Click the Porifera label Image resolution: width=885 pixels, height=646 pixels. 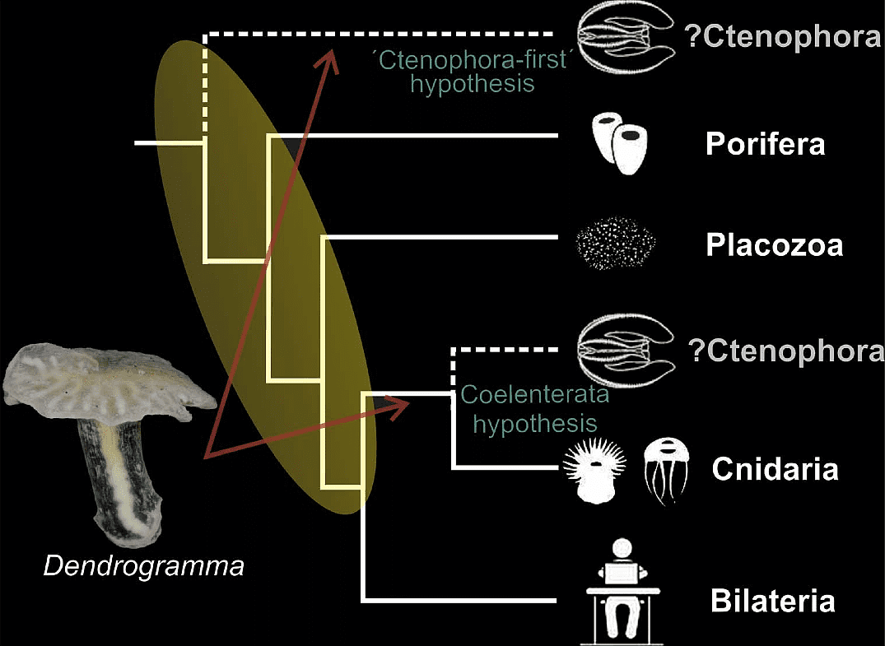coord(765,145)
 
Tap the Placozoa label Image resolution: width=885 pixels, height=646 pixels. coord(774,245)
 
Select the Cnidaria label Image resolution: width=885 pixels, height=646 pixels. coord(775,470)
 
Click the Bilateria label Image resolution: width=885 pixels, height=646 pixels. coord(773,601)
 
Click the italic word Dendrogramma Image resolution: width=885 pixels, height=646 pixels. coord(144,567)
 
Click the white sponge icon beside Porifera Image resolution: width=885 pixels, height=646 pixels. coord(619,143)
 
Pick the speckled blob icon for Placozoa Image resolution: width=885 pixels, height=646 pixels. coord(616,244)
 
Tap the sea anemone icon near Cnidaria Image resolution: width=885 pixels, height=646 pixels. coord(591,470)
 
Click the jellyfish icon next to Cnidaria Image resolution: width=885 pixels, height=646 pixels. coord(665,469)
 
